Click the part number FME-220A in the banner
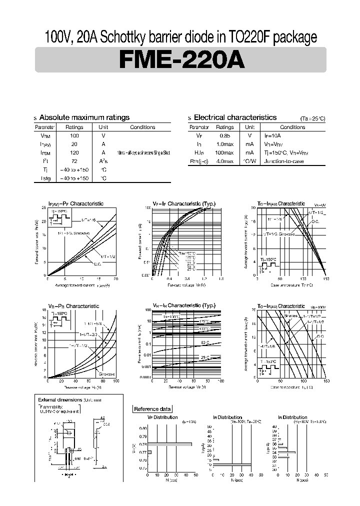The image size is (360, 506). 181,60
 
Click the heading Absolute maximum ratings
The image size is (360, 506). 84,117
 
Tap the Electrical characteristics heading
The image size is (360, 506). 235,117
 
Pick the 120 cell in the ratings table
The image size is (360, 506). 74,152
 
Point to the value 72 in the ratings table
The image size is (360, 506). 74,161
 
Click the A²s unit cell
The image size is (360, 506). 103,161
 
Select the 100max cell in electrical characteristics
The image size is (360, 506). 224,152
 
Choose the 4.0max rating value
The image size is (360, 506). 224,161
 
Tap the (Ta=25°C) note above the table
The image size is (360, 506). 312,118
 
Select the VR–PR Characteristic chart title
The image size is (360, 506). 73,306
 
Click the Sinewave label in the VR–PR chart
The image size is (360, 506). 106,373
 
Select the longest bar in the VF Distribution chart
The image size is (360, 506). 169,444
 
